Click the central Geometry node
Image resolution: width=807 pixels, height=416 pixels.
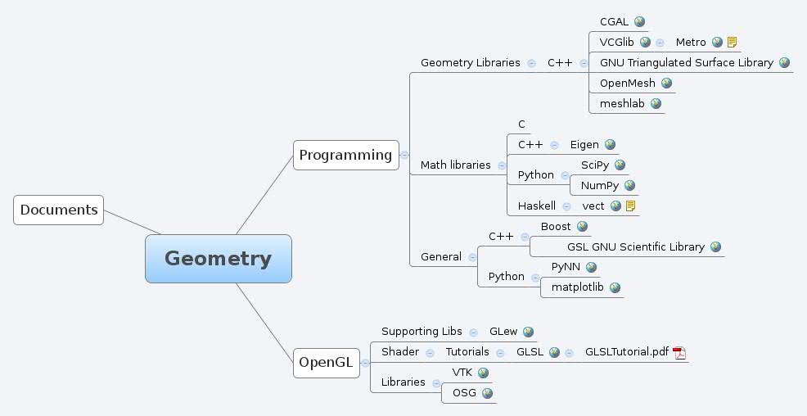click(218, 259)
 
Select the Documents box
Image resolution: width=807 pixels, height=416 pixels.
click(59, 210)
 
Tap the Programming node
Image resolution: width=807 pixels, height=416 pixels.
click(345, 155)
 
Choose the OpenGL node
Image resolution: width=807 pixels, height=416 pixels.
click(326, 363)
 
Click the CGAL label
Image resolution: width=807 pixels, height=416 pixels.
click(614, 22)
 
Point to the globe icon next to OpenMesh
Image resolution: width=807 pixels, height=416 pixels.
click(666, 83)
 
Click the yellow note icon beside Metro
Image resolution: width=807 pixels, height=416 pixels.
click(732, 43)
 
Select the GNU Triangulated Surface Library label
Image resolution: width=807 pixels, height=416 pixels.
click(686, 62)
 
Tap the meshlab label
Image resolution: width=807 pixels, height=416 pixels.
click(622, 104)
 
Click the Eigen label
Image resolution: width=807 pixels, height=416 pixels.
click(584, 145)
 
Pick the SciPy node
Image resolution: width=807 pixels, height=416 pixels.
click(594, 165)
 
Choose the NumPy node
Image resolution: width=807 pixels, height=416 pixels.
click(600, 186)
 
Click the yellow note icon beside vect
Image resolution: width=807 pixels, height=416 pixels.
click(631, 206)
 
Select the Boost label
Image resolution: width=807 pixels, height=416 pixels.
click(556, 226)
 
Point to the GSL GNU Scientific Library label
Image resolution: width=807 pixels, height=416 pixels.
click(636, 246)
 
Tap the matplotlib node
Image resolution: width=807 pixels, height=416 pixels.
click(577, 287)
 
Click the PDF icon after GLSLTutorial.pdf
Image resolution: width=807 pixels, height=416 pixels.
click(679, 353)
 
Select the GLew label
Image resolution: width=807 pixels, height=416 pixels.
click(503, 332)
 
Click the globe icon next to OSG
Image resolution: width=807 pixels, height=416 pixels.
click(487, 393)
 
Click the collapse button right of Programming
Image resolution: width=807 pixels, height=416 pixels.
click(404, 155)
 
